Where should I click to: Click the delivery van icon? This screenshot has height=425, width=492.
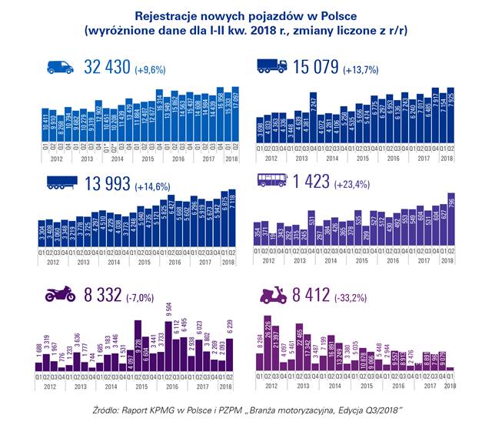coord(60,68)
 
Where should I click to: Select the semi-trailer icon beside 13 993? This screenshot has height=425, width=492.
coord(61,182)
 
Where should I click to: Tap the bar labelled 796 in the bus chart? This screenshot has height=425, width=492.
coord(452,223)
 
